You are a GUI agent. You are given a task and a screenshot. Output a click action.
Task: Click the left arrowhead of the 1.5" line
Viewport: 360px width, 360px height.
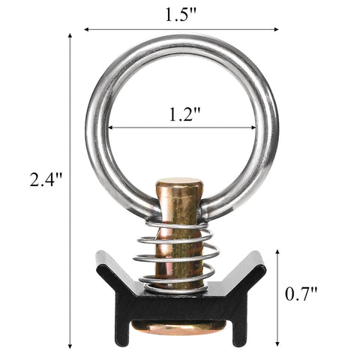(x=86, y=30)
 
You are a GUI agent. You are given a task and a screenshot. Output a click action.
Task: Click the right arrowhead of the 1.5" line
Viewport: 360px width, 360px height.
(x=277, y=30)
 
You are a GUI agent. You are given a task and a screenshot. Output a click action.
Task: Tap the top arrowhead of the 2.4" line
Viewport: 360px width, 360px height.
(x=72, y=34)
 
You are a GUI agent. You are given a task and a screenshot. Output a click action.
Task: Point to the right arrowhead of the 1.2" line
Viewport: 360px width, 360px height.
(x=253, y=127)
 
